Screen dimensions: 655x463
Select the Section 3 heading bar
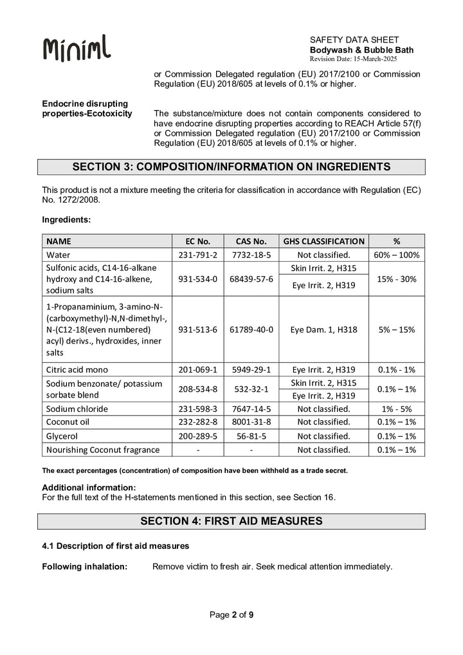tap(232, 167)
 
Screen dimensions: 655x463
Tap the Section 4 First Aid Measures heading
tap(232, 521)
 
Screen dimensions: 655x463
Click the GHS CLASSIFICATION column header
tap(323, 241)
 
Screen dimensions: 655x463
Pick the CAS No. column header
tap(251, 241)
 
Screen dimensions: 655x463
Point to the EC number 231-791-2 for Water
tap(198, 255)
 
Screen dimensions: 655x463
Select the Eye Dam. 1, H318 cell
tap(323, 329)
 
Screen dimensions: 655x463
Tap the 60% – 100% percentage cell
tap(396, 255)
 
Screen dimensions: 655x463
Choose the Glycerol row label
tap(63, 436)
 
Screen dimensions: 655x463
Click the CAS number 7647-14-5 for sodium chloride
tap(251, 409)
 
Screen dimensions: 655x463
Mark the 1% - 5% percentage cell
tap(396, 409)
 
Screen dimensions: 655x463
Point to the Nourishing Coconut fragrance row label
tap(102, 449)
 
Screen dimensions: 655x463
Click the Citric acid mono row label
tap(77, 369)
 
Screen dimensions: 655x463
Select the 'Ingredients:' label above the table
tap(66, 219)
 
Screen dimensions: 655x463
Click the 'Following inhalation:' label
tap(84, 566)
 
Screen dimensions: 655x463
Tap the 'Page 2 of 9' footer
tap(232, 615)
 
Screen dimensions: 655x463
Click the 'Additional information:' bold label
tap(89, 487)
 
